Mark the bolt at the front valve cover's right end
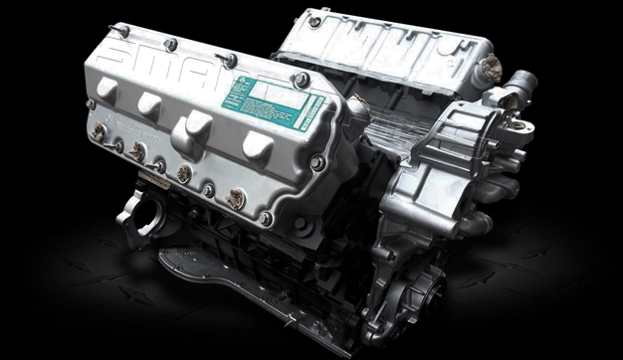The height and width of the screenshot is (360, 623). tap(315, 162)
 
